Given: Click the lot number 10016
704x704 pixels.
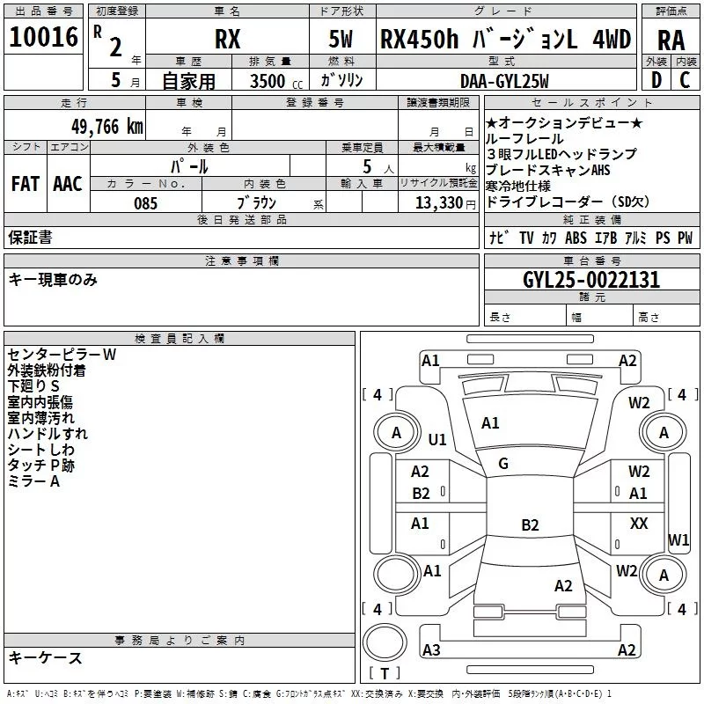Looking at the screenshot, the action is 43,37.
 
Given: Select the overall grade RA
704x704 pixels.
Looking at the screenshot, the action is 671,40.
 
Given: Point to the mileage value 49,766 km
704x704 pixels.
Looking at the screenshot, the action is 106,127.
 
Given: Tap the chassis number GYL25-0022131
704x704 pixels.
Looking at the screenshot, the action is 591,280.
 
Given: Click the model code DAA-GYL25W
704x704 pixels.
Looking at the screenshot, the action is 504,81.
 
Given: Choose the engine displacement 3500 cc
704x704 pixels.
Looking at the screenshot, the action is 276,81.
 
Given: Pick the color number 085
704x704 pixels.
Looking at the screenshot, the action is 145,203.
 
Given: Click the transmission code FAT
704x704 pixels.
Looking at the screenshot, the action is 26,184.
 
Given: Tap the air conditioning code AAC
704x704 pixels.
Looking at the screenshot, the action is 68,184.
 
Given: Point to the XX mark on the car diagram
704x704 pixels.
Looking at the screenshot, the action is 639,523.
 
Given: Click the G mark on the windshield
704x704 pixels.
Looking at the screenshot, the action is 503,464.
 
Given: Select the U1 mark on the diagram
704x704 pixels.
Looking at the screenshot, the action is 437,439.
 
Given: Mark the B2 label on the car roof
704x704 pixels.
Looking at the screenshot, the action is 530,524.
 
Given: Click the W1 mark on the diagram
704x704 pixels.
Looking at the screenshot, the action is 678,539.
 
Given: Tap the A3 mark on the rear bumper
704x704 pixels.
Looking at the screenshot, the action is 431,649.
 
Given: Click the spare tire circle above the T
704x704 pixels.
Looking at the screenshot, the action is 385,642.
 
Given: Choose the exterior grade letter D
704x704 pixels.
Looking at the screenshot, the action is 656,80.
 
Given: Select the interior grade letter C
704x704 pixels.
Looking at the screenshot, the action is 685,80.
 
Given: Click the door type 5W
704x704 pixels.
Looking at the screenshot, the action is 341,39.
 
